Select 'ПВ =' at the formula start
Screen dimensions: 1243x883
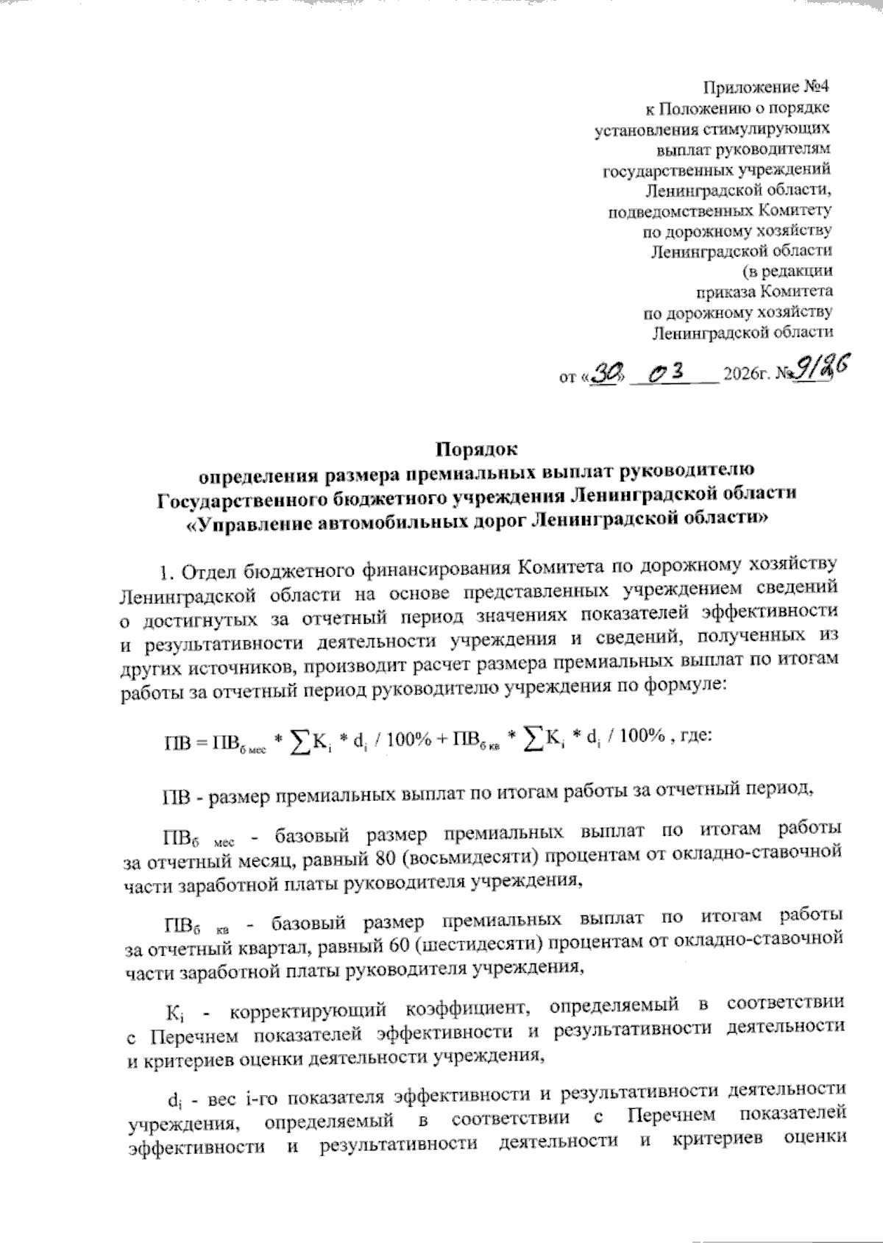185,740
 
